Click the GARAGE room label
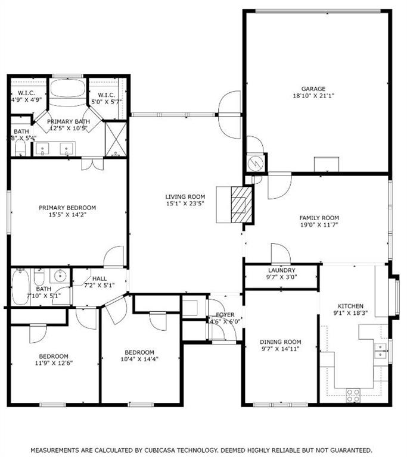tap(313, 89)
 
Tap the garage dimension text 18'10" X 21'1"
tap(313, 96)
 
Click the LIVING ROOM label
tap(185, 196)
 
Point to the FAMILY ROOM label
tap(319, 218)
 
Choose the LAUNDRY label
tap(282, 270)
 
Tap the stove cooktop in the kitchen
tap(353, 392)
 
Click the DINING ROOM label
tap(280, 342)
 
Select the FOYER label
tap(225, 315)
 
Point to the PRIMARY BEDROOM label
tap(67, 208)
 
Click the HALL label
tap(100, 278)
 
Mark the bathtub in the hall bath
tap(20, 288)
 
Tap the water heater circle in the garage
tap(256, 161)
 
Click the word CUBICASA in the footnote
tap(145, 450)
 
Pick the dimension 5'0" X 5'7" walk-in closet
tap(107, 102)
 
